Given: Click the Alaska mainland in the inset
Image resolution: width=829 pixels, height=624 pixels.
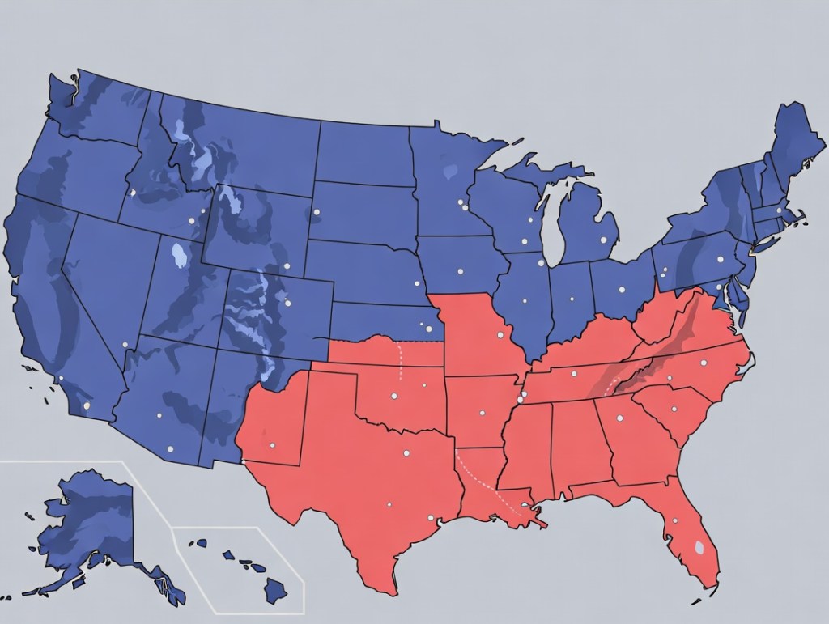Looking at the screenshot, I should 89,518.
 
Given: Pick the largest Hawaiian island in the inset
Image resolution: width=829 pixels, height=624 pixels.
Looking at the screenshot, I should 275,590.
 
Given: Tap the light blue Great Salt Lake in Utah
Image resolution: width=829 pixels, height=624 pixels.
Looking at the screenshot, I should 177,257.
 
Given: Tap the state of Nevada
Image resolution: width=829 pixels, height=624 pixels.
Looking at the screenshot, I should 105,275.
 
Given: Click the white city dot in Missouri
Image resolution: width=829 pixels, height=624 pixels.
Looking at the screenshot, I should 500,333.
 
